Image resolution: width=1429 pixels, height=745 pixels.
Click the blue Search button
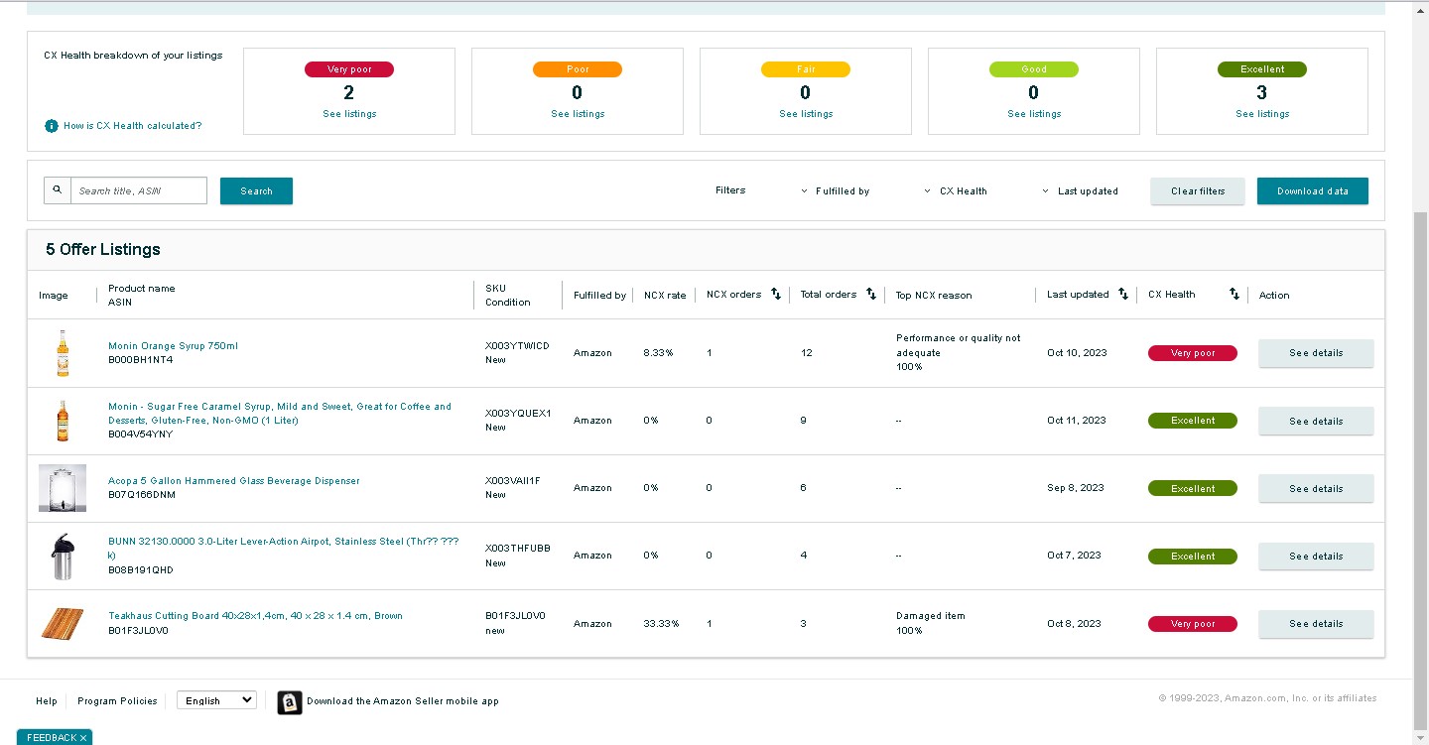[x=256, y=190]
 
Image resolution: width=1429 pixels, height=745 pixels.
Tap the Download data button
[x=1312, y=190]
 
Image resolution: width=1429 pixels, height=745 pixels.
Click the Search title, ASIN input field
[x=139, y=190]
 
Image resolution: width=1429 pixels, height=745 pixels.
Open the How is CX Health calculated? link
[x=132, y=126]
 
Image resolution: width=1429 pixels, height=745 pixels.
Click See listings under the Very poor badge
[x=349, y=113]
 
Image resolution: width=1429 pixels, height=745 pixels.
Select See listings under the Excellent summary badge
[x=1262, y=113]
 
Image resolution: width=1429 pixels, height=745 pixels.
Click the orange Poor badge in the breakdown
[x=578, y=68]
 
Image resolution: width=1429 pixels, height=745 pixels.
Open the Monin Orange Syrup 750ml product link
[x=173, y=345]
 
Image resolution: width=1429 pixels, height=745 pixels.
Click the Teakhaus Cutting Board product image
[x=63, y=623]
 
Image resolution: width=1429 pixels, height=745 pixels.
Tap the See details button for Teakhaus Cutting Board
[x=1316, y=624]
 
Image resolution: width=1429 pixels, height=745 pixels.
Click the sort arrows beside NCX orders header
[x=776, y=294]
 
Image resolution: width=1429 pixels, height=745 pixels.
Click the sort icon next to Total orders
[x=871, y=294]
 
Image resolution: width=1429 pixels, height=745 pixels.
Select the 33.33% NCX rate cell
[x=661, y=623]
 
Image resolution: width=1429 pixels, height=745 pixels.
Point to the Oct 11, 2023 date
[x=1076, y=420]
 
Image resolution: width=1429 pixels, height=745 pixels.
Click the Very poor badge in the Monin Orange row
[x=1193, y=353]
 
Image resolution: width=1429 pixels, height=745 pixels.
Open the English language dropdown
[x=217, y=700]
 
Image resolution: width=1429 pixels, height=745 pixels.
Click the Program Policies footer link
[x=117, y=700]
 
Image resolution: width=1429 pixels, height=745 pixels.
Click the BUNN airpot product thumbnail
[x=63, y=556]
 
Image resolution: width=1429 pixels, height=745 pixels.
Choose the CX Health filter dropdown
[x=956, y=190]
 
